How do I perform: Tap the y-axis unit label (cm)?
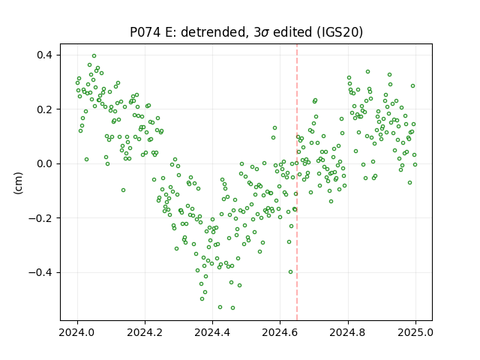(18, 183)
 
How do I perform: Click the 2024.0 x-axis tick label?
(77, 332)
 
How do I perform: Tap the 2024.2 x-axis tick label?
(145, 332)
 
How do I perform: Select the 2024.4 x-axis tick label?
(212, 332)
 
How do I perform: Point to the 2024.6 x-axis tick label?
(280, 332)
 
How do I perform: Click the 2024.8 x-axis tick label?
(348, 332)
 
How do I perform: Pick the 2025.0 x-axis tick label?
(415, 332)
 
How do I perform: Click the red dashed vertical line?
(297, 182)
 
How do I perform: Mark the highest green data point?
(94, 56)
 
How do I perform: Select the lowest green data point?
(233, 308)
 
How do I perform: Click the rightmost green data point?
(415, 165)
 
